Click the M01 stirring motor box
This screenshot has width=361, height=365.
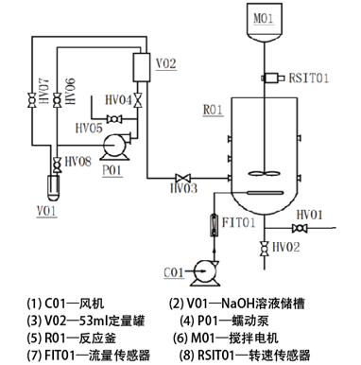tap(264, 22)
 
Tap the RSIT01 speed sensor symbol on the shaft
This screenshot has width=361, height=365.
tap(270, 78)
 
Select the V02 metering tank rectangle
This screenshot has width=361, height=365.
tap(142, 67)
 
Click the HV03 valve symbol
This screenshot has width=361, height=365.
tap(183, 178)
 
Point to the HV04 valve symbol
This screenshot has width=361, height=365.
tap(138, 100)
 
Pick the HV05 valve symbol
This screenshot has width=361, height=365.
tap(114, 119)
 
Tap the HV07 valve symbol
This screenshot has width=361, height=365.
tap(32, 100)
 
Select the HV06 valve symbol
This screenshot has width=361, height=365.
tap(57, 100)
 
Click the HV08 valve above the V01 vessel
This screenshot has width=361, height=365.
tap(57, 165)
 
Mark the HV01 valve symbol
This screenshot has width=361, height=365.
tap(300, 228)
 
